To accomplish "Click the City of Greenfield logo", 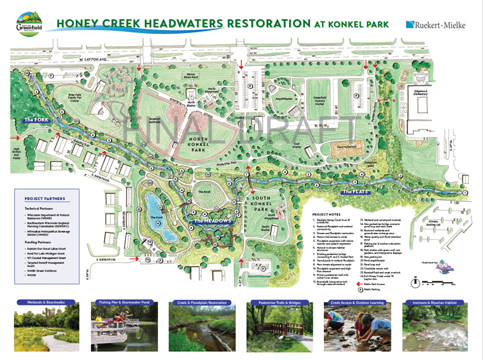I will (29, 24).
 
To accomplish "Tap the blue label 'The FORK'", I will (36, 120).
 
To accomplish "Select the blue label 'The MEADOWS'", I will (213, 221).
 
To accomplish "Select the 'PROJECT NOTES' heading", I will (328, 214).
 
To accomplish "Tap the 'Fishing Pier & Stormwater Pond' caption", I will (124, 304).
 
